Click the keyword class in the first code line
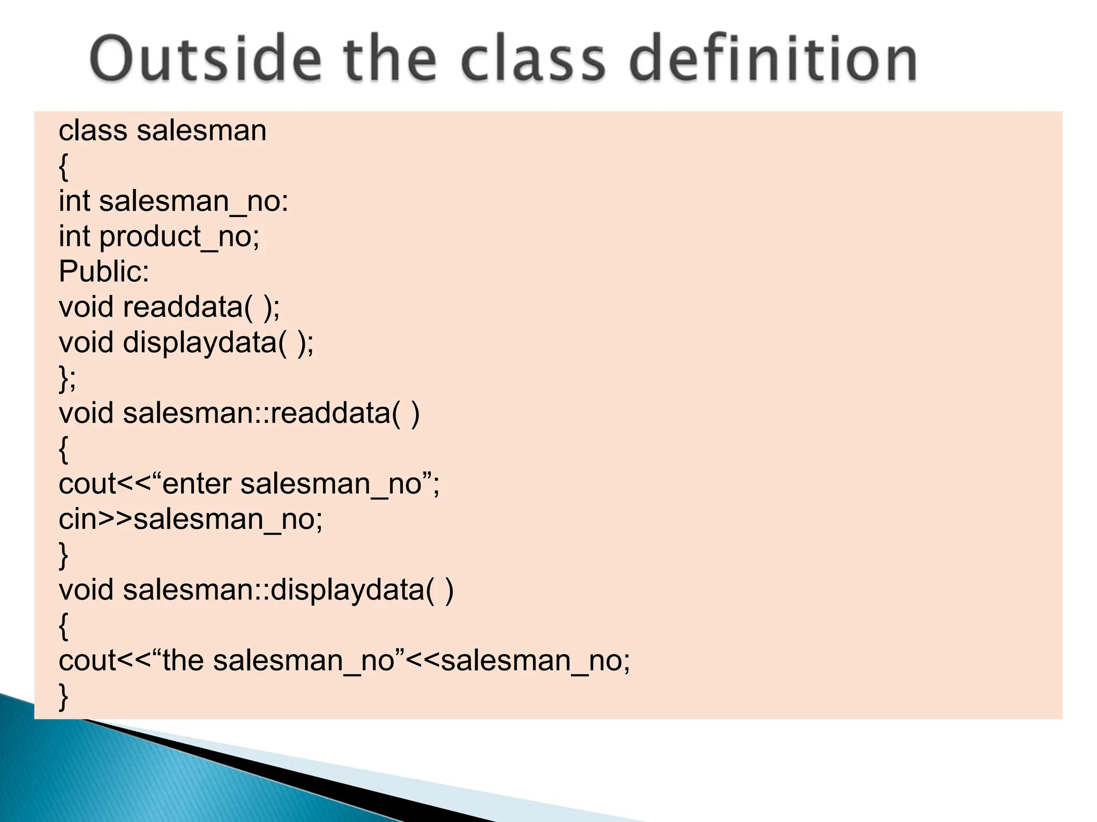[x=93, y=131]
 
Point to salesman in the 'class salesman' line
[x=201, y=131]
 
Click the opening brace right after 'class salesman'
[x=63, y=166]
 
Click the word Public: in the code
[x=103, y=272]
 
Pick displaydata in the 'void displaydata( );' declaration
[x=199, y=343]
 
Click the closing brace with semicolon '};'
[x=67, y=378]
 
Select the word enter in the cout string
[x=197, y=484]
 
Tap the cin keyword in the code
[x=78, y=520]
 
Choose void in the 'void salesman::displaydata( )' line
[x=86, y=590]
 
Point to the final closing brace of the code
[x=63, y=696]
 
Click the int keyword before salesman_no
[x=74, y=202]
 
